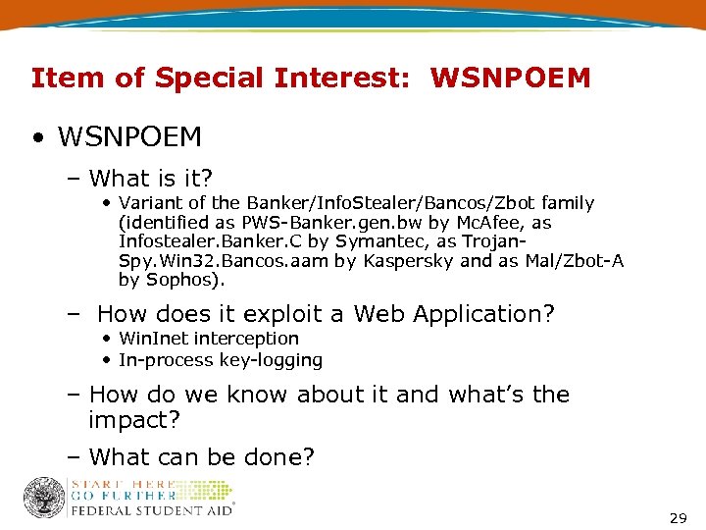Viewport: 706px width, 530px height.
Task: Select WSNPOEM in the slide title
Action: tap(510, 78)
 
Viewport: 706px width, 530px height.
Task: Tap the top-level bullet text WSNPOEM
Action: tap(131, 136)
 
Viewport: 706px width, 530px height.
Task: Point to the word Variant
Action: tap(150, 203)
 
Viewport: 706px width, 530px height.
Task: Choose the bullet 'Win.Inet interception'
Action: tap(208, 339)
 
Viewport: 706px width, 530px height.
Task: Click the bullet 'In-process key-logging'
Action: tap(220, 360)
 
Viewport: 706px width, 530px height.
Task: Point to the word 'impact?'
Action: tap(135, 420)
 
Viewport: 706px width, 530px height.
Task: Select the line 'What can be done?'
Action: tap(201, 456)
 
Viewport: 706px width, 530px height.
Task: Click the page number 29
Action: tap(678, 517)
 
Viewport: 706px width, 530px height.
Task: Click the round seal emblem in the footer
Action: tap(44, 499)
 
